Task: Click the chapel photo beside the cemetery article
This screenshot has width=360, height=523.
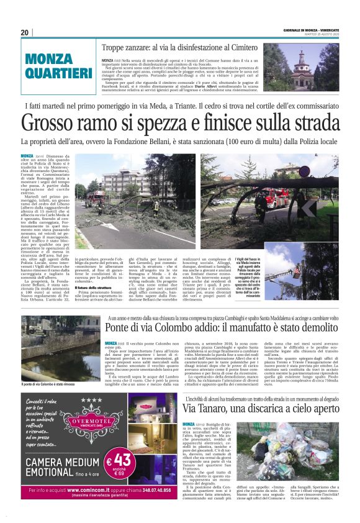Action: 320,68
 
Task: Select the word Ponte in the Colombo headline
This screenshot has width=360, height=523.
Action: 124,327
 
